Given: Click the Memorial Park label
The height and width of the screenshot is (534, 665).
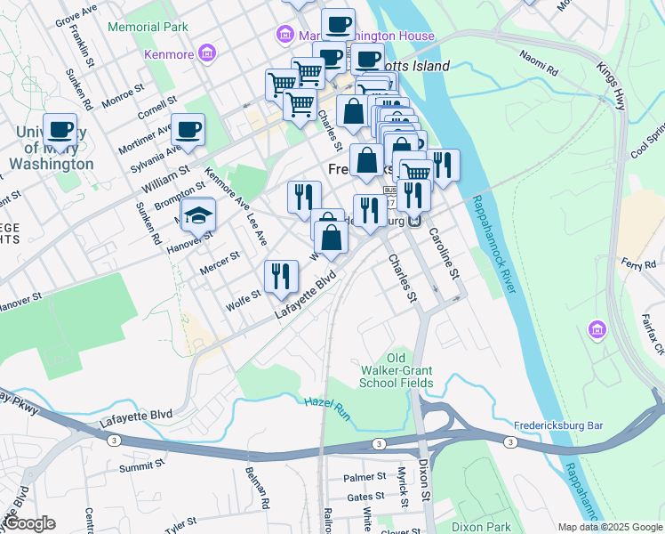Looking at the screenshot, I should coord(148,27).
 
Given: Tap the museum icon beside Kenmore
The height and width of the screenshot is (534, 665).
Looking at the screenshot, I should coord(208,54).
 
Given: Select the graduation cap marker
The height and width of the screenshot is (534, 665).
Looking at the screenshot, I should coord(198,215).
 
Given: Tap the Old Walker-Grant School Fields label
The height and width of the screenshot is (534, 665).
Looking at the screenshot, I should coord(397,369).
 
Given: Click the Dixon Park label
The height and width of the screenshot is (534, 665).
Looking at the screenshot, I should coord(481,527).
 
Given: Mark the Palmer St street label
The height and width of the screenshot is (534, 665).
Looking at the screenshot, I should coord(364,478).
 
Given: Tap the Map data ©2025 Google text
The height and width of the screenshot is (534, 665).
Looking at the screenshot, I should coord(609,527).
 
